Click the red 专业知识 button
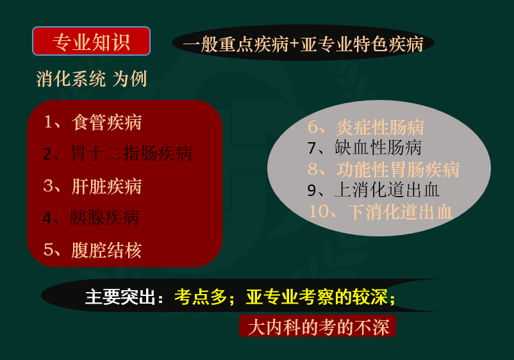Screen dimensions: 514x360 point(91,41)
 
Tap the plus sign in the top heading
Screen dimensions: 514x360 point(294,44)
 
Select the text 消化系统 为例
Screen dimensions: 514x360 point(91,79)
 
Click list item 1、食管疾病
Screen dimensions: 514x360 point(92,122)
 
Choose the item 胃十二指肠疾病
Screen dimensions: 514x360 point(131,153)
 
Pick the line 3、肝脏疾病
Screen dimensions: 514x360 point(92,186)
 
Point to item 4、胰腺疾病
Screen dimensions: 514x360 point(91,218)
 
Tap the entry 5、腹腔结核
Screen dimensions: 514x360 point(92,250)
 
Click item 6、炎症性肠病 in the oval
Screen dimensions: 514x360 point(366,127)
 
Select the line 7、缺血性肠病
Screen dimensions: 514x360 point(365,148)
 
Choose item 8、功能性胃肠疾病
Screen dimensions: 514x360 point(383,169)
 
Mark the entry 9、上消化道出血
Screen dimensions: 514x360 point(374,190)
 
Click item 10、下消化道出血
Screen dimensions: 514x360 point(381,211)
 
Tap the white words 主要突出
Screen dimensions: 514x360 point(120,297)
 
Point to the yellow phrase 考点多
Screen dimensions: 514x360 point(201,297)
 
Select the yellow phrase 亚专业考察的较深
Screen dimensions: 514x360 point(317,297)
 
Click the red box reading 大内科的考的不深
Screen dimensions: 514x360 point(318,326)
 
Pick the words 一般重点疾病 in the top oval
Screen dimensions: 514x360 point(236,44)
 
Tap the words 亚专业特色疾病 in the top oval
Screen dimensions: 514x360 point(361,44)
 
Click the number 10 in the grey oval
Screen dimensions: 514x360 point(319,211)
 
